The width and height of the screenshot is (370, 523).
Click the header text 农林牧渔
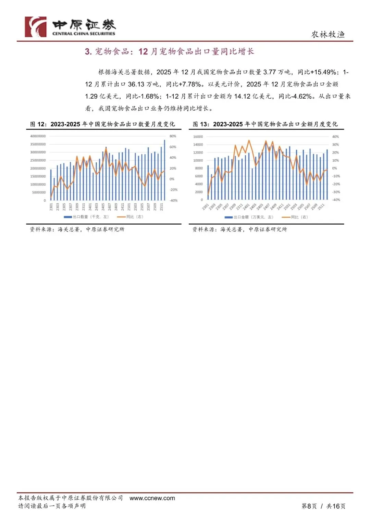328,34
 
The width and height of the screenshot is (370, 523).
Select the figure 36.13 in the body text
136,84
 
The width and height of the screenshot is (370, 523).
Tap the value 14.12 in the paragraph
242,96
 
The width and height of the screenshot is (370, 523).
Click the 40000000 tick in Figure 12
38,136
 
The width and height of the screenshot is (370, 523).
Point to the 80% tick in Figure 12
173,136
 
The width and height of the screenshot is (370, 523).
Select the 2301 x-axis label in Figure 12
51,207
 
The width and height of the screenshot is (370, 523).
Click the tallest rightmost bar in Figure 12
164,170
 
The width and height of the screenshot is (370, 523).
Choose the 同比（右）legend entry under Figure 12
131,217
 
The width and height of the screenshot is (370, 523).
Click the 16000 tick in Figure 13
198,137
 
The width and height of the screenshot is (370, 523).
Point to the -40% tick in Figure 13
336,200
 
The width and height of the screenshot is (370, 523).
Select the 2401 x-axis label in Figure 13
246,207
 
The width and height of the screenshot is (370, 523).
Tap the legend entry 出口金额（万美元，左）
249,217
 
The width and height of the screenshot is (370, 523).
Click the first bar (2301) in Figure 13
208,182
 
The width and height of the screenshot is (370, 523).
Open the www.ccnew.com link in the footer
152,498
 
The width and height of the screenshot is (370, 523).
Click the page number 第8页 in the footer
309,506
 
